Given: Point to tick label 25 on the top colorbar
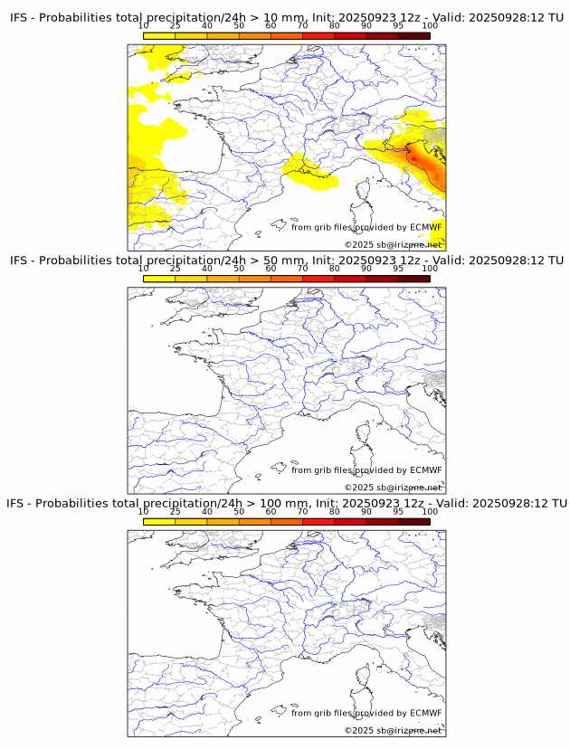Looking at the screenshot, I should click(175, 25).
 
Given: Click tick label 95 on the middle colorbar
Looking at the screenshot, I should click(398, 268).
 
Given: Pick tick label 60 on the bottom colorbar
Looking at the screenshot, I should click(271, 511).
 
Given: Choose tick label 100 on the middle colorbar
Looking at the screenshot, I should click(430, 268).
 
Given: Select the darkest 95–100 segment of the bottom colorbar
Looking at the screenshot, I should click(413, 522).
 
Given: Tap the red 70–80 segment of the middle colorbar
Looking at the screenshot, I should click(318, 280).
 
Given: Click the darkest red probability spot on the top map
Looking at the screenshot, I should click(414, 158).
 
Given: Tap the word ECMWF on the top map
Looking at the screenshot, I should click(425, 227).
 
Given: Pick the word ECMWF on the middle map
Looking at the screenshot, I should click(425, 469).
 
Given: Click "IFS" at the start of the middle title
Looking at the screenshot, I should click(19, 261).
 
